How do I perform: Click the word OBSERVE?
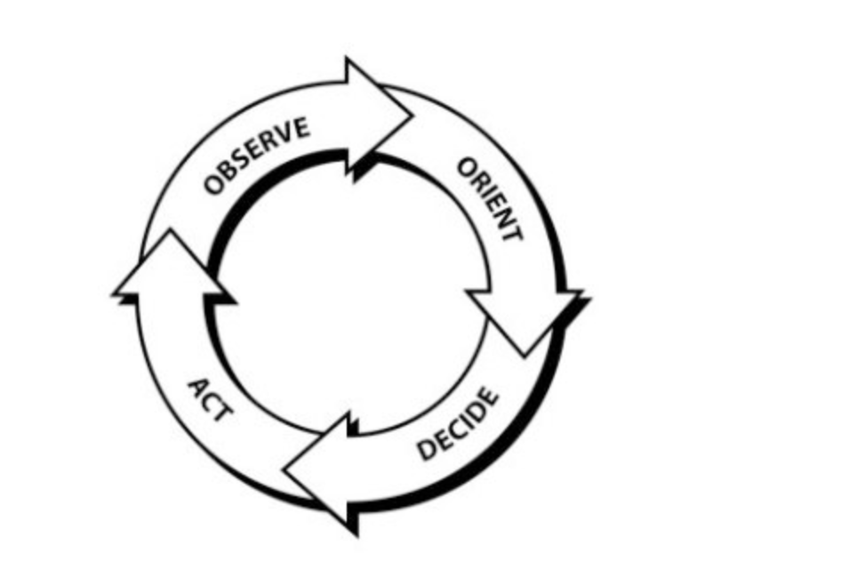pos(256,155)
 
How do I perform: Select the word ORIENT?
pos(489,199)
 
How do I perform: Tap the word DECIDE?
pos(458,423)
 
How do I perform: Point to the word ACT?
pos(210,399)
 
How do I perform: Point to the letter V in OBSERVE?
pos(286,133)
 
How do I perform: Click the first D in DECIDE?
pos(428,449)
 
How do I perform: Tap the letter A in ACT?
pos(196,386)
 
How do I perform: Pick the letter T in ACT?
pos(223,413)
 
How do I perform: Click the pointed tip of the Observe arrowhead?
pos(412,115)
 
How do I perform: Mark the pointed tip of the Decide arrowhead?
pos(284,470)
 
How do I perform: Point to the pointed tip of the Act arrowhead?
pos(171,230)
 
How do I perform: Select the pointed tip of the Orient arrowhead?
pos(525,355)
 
